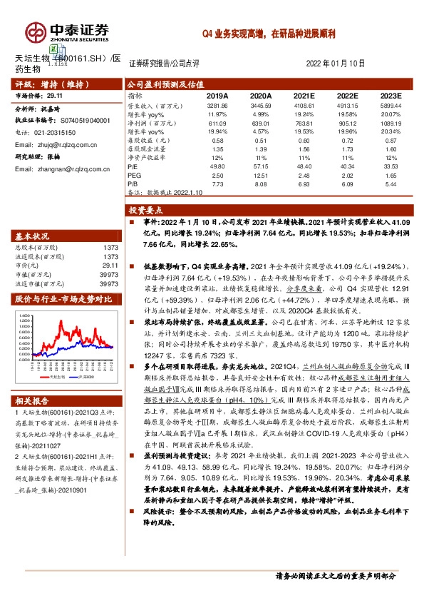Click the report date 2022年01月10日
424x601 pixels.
tap(335, 64)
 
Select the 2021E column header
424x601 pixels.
tap(304, 95)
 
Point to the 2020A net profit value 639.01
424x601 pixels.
tap(262, 123)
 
